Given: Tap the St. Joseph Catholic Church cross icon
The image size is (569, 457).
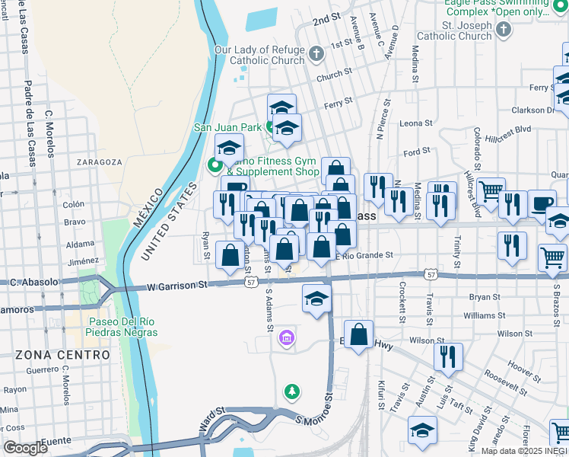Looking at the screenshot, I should pos(502,30).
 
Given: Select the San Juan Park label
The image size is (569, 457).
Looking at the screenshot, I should pos(227,127).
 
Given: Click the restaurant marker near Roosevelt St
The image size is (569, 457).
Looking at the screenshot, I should pos(448,356).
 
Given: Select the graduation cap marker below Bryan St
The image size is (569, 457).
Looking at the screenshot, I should pos(316,298).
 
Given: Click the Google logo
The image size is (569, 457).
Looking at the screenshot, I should pos(27,448).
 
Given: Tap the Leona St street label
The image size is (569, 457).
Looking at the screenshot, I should pos(415,123).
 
